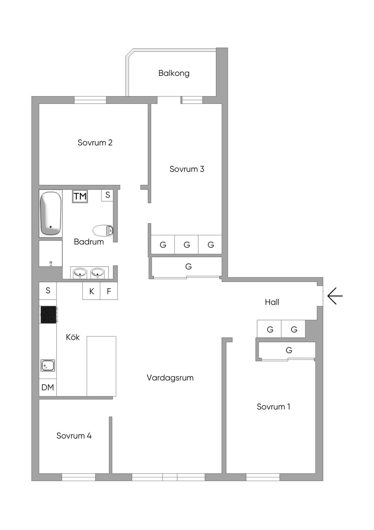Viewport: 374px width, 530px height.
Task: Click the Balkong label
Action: (x=174, y=73)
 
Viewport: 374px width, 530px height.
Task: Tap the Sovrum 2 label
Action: (x=95, y=143)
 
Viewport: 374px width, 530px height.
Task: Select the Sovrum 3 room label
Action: (x=187, y=169)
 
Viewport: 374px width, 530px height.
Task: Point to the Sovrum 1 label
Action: (x=273, y=407)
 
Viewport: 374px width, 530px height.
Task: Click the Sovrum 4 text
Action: (x=74, y=436)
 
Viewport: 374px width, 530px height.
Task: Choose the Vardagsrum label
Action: (x=170, y=378)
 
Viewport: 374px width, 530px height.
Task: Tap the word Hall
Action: (x=272, y=302)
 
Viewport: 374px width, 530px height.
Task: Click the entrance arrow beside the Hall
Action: (x=335, y=296)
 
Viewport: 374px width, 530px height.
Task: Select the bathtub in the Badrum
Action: (x=50, y=213)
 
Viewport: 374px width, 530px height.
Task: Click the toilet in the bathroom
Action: (x=103, y=231)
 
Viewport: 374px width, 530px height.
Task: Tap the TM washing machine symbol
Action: (x=80, y=196)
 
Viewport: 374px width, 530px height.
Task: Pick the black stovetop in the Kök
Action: (x=48, y=315)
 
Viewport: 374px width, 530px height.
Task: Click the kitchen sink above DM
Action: (x=47, y=365)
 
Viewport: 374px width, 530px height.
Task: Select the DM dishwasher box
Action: (x=47, y=388)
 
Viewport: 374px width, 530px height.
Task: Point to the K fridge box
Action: (x=91, y=291)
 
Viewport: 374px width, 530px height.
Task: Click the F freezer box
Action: (x=109, y=291)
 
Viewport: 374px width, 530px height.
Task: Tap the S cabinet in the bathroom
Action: (x=107, y=195)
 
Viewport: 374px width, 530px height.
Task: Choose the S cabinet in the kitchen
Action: (x=48, y=291)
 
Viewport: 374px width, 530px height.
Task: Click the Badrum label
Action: (x=89, y=242)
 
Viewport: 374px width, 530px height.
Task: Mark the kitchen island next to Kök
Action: (x=101, y=366)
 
